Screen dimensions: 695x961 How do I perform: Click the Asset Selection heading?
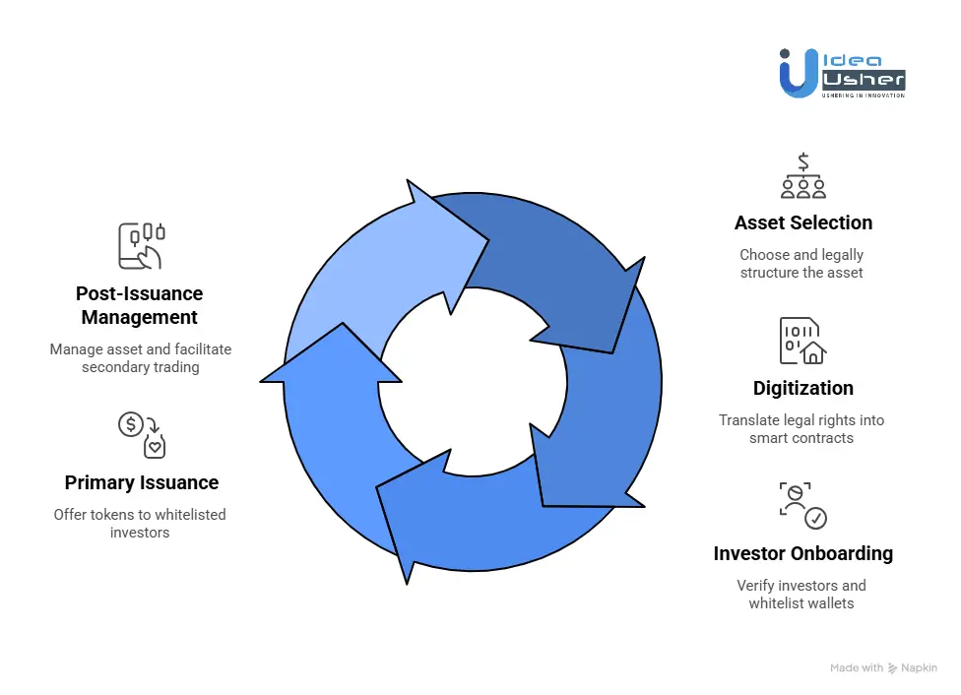(x=802, y=222)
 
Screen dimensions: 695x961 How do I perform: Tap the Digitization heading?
(x=802, y=388)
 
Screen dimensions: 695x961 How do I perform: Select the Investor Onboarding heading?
(x=802, y=553)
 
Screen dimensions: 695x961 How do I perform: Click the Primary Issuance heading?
(x=141, y=482)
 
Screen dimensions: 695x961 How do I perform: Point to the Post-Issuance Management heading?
(x=139, y=305)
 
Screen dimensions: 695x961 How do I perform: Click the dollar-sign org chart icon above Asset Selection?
(x=802, y=176)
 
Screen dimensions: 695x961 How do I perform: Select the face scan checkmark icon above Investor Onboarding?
(x=802, y=506)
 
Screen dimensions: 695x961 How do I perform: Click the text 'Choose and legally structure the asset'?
(x=801, y=263)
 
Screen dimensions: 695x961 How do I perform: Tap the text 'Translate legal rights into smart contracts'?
(x=801, y=428)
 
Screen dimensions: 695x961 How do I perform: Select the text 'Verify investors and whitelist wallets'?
(x=801, y=594)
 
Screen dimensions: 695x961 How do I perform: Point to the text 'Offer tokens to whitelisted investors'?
(x=139, y=523)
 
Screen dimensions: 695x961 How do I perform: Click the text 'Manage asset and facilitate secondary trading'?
(x=139, y=357)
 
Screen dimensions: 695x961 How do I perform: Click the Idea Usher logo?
(x=841, y=73)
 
